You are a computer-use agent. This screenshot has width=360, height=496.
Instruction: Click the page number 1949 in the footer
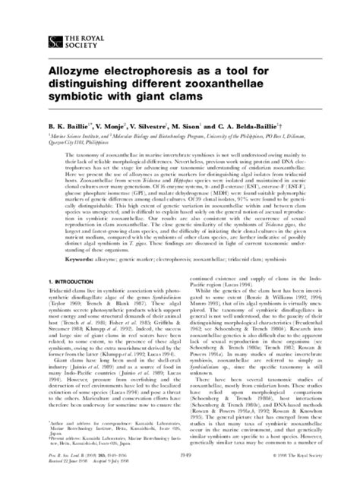[180, 477]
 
